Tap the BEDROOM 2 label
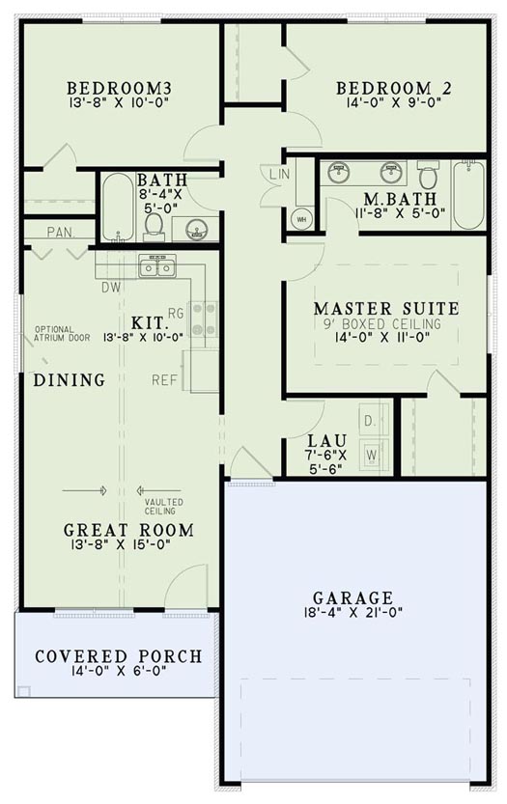(394, 89)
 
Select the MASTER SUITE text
(385, 309)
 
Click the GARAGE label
(352, 597)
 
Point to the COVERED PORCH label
(119, 656)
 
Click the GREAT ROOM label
(128, 530)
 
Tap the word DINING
(70, 380)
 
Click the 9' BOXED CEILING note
(385, 324)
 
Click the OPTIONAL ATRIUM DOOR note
(62, 333)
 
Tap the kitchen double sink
(156, 265)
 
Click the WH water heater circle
(299, 217)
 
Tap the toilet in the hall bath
(154, 223)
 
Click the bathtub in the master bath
(469, 195)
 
